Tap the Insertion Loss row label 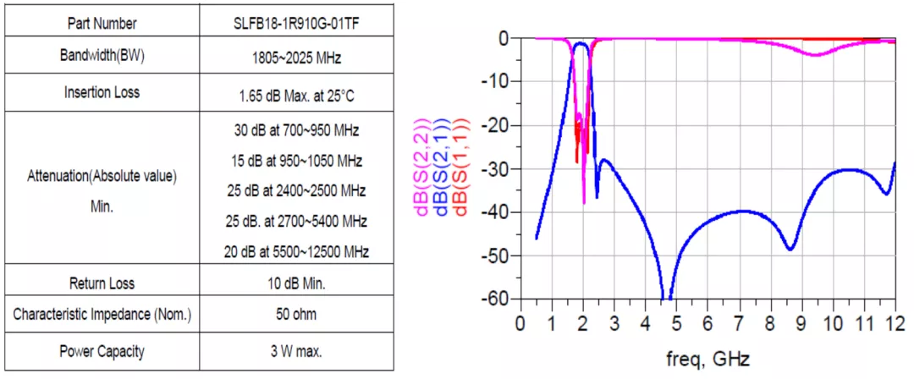point(102,92)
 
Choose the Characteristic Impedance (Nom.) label point(102,316)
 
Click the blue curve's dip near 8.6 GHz point(790,249)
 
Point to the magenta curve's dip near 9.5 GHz point(815,55)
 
